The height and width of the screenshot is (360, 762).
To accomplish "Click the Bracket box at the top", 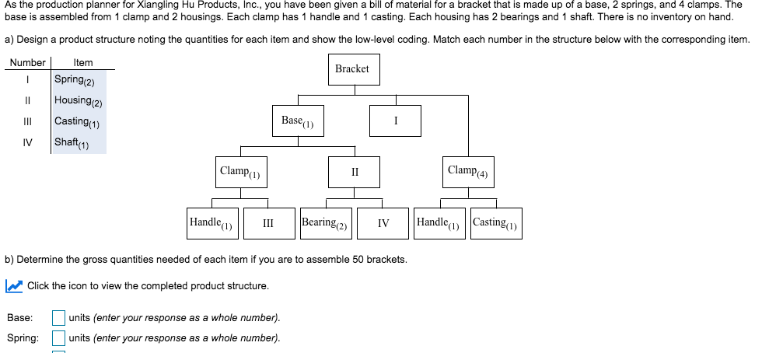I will pyautogui.click(x=352, y=69).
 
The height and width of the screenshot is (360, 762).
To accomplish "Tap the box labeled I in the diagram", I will pyautogui.click(x=397, y=121).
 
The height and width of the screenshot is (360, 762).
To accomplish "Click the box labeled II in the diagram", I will pyautogui.click(x=355, y=172).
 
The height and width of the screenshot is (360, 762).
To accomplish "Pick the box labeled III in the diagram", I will pyautogui.click(x=268, y=223).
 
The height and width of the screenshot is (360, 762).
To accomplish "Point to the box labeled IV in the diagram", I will pyautogui.click(x=383, y=223).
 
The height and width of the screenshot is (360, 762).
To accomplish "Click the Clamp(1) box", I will pyautogui.click(x=239, y=172).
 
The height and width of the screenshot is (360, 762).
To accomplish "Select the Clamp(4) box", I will pyautogui.click(x=468, y=171).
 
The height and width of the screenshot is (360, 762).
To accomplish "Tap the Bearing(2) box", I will pyautogui.click(x=326, y=223).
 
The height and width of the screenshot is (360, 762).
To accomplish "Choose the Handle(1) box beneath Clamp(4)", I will pyautogui.click(x=439, y=223).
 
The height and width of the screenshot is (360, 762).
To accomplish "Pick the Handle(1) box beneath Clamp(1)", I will pyautogui.click(x=211, y=223).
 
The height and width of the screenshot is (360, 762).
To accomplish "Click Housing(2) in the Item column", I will pyautogui.click(x=79, y=101).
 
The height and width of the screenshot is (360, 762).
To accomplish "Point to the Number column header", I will pyautogui.click(x=27, y=62).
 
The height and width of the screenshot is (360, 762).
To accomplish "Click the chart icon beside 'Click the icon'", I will pyautogui.click(x=13, y=286).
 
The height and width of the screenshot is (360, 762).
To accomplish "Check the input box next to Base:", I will pyautogui.click(x=58, y=317).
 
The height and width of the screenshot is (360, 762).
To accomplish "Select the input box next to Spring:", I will pyautogui.click(x=58, y=337).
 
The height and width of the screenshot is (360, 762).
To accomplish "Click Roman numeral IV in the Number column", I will pyautogui.click(x=27, y=142).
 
